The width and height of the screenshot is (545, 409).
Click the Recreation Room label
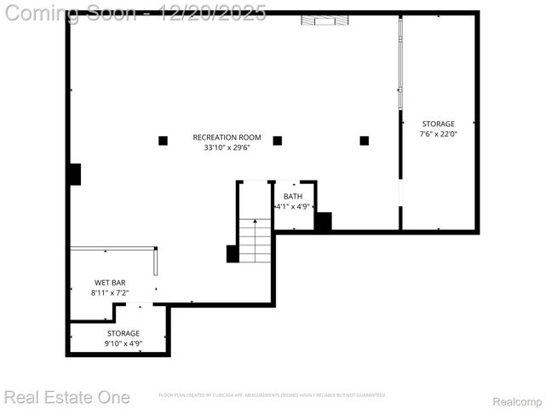(x=227, y=137)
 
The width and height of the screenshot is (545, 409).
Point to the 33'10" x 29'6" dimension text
(x=227, y=147)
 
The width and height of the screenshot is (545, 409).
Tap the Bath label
(x=293, y=197)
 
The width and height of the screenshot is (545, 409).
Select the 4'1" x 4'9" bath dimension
(x=293, y=207)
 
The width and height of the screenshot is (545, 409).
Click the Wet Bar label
(x=110, y=282)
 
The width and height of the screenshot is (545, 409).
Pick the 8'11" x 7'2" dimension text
(x=110, y=292)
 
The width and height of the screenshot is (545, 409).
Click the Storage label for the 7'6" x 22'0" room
(x=438, y=124)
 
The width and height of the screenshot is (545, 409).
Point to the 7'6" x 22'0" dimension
(x=438, y=134)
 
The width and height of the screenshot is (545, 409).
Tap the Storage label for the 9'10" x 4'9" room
(x=123, y=333)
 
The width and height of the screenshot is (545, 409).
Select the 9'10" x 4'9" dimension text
(x=123, y=343)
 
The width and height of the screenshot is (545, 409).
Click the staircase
(x=255, y=240)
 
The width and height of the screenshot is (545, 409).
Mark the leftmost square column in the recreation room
(x=163, y=141)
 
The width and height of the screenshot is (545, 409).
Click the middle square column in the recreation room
(x=277, y=141)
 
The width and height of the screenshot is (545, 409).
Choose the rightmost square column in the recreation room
(x=364, y=141)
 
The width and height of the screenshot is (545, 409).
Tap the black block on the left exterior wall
(x=75, y=174)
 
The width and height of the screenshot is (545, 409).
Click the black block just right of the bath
(x=323, y=222)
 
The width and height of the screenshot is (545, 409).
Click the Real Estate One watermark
(x=66, y=397)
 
